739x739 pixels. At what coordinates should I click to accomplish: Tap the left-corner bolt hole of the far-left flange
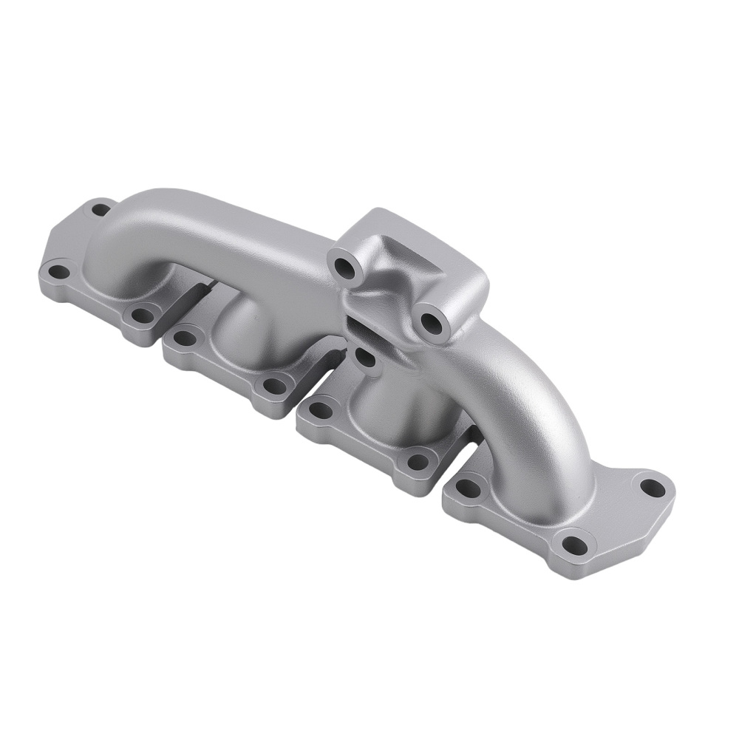[x=57, y=273]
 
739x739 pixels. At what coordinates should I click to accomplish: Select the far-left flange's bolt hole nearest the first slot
[x=140, y=316]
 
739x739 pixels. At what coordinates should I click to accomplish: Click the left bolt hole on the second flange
[x=182, y=338]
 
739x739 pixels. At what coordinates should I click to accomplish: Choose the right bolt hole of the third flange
[x=418, y=462]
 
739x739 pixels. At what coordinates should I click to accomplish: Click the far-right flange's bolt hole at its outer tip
[x=650, y=487]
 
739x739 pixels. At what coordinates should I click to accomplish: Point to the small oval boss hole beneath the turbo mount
[x=364, y=357]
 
